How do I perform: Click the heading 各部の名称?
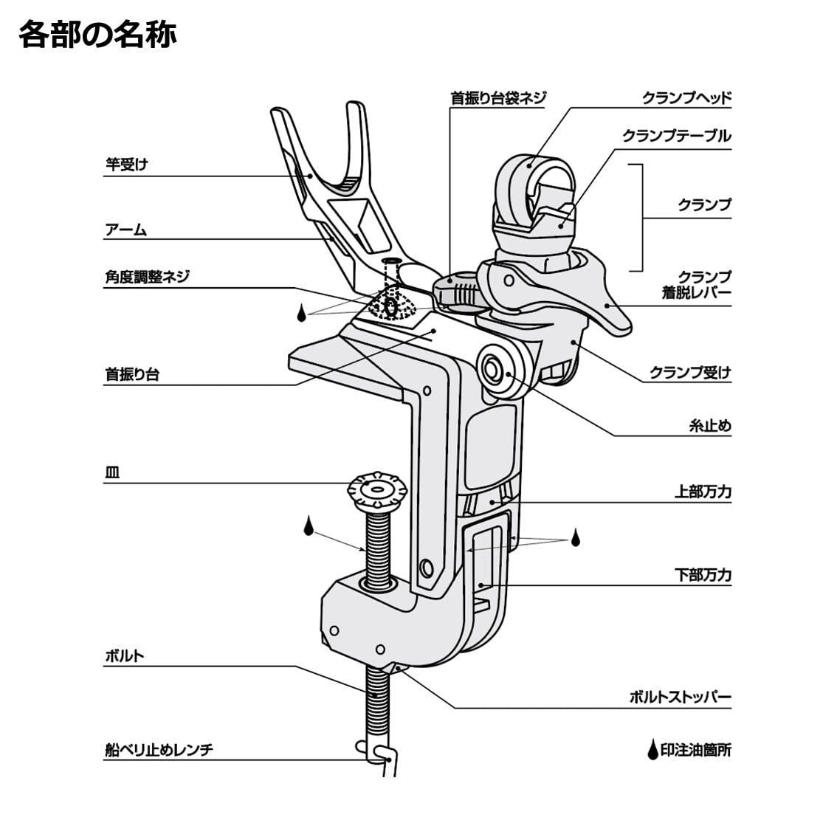tap(97, 34)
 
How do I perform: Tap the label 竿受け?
tap(126, 165)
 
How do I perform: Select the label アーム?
tap(126, 230)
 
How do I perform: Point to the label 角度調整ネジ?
tap(147, 277)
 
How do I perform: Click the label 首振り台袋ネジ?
tap(498, 97)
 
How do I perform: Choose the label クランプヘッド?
tap(686, 97)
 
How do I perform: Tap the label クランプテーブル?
tap(676, 136)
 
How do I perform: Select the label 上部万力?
tap(703, 491)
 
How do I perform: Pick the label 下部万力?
tap(703, 574)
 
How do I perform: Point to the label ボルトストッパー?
tap(680, 696)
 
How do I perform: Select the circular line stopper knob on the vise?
tap(492, 366)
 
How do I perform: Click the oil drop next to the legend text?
tap(652, 751)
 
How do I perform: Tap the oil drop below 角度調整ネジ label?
tap(301, 313)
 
